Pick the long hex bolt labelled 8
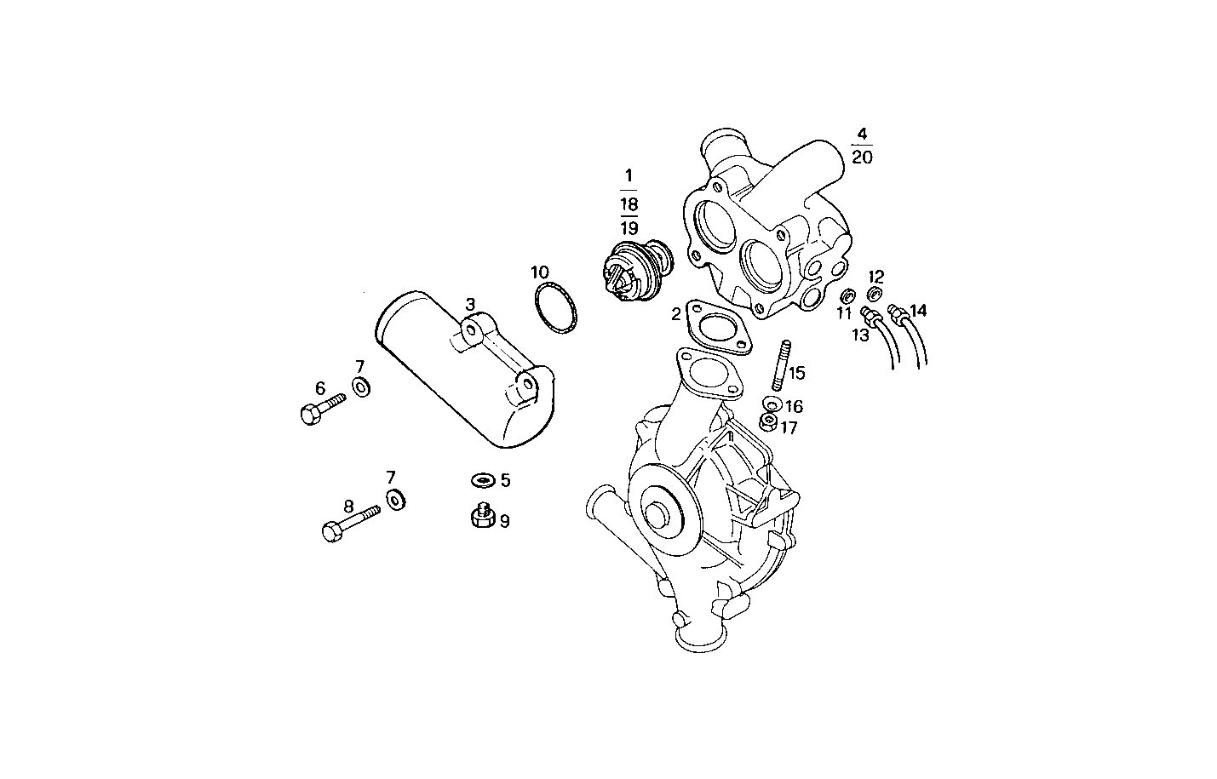(x=349, y=521)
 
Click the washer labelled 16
(x=772, y=404)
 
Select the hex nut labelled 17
(x=767, y=421)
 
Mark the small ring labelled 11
(x=847, y=296)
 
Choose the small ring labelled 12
(x=874, y=295)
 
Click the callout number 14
(x=917, y=311)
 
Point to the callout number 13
(x=860, y=335)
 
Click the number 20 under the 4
(x=861, y=158)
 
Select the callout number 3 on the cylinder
(x=469, y=305)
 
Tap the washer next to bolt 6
(x=361, y=388)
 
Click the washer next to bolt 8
(x=396, y=498)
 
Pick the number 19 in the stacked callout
(x=629, y=228)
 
